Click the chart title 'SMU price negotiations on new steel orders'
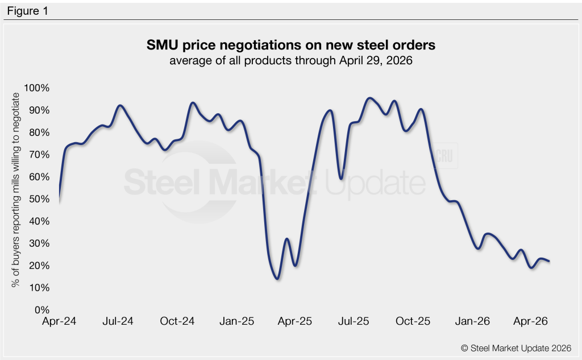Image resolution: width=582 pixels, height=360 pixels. point(290,45)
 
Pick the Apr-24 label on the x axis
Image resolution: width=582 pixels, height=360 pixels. point(59,322)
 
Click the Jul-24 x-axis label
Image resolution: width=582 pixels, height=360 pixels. point(118,322)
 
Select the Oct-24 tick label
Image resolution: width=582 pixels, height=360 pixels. point(177,322)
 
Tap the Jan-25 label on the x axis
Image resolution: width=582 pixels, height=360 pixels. point(236,322)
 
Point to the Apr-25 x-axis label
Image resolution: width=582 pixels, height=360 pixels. point(296,322)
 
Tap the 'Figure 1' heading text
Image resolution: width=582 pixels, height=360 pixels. point(27,10)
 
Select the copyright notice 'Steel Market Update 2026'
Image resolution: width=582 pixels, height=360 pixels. point(516,347)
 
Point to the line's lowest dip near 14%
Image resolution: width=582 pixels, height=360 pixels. point(277,278)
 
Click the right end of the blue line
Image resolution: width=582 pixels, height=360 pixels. point(549,261)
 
